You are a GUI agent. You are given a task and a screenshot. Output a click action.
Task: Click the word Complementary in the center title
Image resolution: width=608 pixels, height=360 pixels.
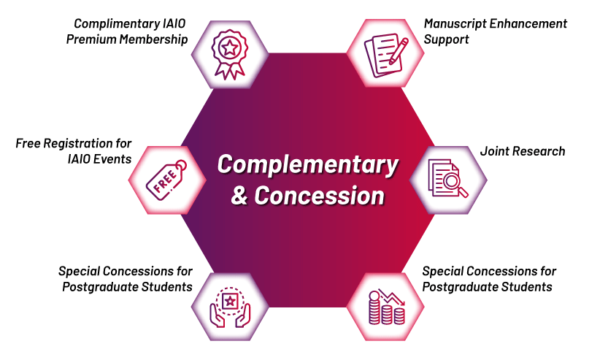point(307,164)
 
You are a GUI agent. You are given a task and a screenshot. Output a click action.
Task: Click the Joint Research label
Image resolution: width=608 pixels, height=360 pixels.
point(523,151)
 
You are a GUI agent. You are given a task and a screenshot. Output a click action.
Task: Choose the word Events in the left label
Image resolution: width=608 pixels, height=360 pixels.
point(114,158)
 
